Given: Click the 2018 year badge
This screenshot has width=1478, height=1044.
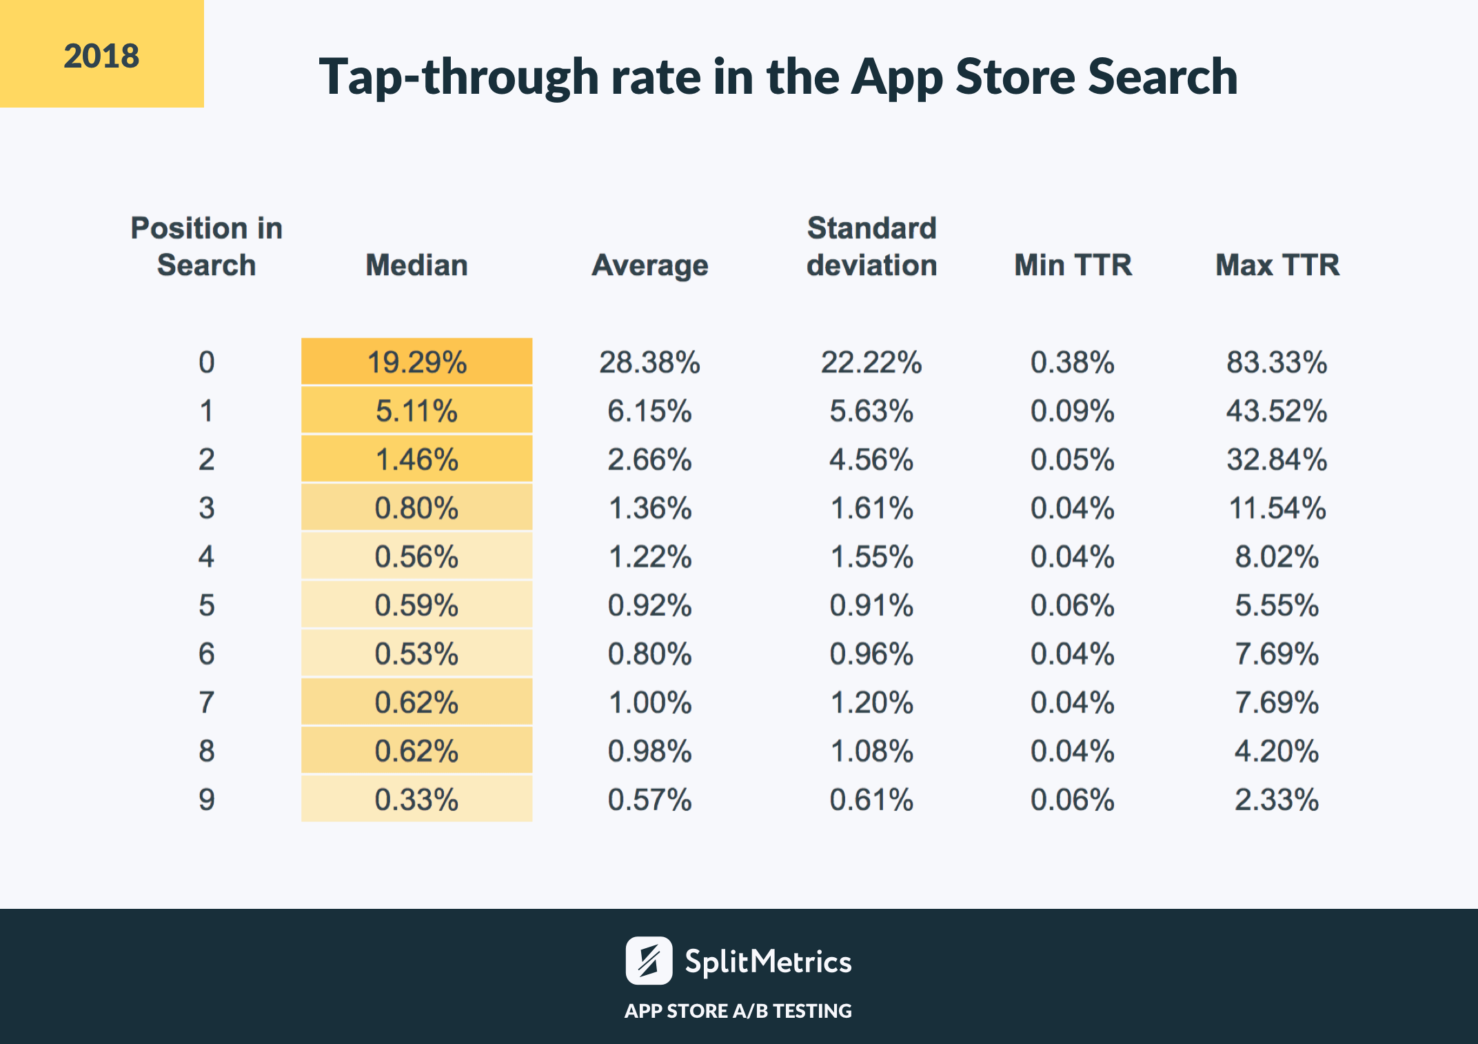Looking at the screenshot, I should point(101,54).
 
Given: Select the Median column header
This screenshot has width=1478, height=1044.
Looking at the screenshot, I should point(416,265).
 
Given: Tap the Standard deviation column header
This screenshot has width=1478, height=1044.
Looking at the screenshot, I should point(871,247).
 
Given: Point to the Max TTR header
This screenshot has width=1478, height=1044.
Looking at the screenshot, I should point(1277,265).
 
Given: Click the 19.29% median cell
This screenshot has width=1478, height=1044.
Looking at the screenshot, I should point(416,362).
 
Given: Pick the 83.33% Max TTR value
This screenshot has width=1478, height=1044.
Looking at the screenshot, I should point(1277,362).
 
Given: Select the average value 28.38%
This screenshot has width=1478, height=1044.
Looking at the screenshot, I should point(649,362).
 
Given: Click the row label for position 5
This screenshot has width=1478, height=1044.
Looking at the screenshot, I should point(206,605).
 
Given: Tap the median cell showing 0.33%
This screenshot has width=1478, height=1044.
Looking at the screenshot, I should point(416,800).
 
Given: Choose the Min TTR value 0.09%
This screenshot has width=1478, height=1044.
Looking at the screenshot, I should point(1072,411).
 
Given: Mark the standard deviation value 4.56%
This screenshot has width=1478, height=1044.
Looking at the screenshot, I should point(871,459).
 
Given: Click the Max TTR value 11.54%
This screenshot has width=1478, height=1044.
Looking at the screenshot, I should point(1277,508).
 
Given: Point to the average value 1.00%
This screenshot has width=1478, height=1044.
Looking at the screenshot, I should point(649,703).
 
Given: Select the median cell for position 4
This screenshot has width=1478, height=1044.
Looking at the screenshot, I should point(416,556).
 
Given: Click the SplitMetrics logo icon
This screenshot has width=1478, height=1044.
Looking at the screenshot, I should point(648,961).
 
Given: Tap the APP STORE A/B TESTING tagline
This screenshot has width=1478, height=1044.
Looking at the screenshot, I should point(738,1011).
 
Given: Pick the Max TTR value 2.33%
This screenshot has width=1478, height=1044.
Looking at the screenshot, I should point(1277,800).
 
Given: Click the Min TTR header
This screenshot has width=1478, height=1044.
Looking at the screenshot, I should point(1073,265).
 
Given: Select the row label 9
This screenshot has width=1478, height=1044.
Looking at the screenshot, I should point(206,800).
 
